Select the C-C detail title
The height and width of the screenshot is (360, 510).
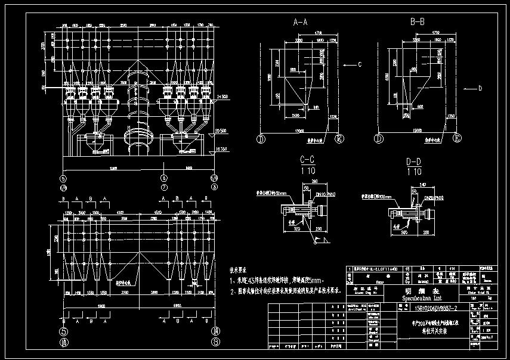pos(307,160)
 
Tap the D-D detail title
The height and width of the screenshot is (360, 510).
pos(413,160)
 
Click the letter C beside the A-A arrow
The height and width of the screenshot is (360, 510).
pos(360,64)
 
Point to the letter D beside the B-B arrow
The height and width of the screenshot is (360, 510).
pos(480,88)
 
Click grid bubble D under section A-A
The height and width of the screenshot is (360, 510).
pos(261,139)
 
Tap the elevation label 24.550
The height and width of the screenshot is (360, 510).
pos(223,97)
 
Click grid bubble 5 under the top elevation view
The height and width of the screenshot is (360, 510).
pos(63,178)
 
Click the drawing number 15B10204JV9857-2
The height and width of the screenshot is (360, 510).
pos(435,308)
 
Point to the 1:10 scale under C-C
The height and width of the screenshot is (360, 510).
pos(307,171)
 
